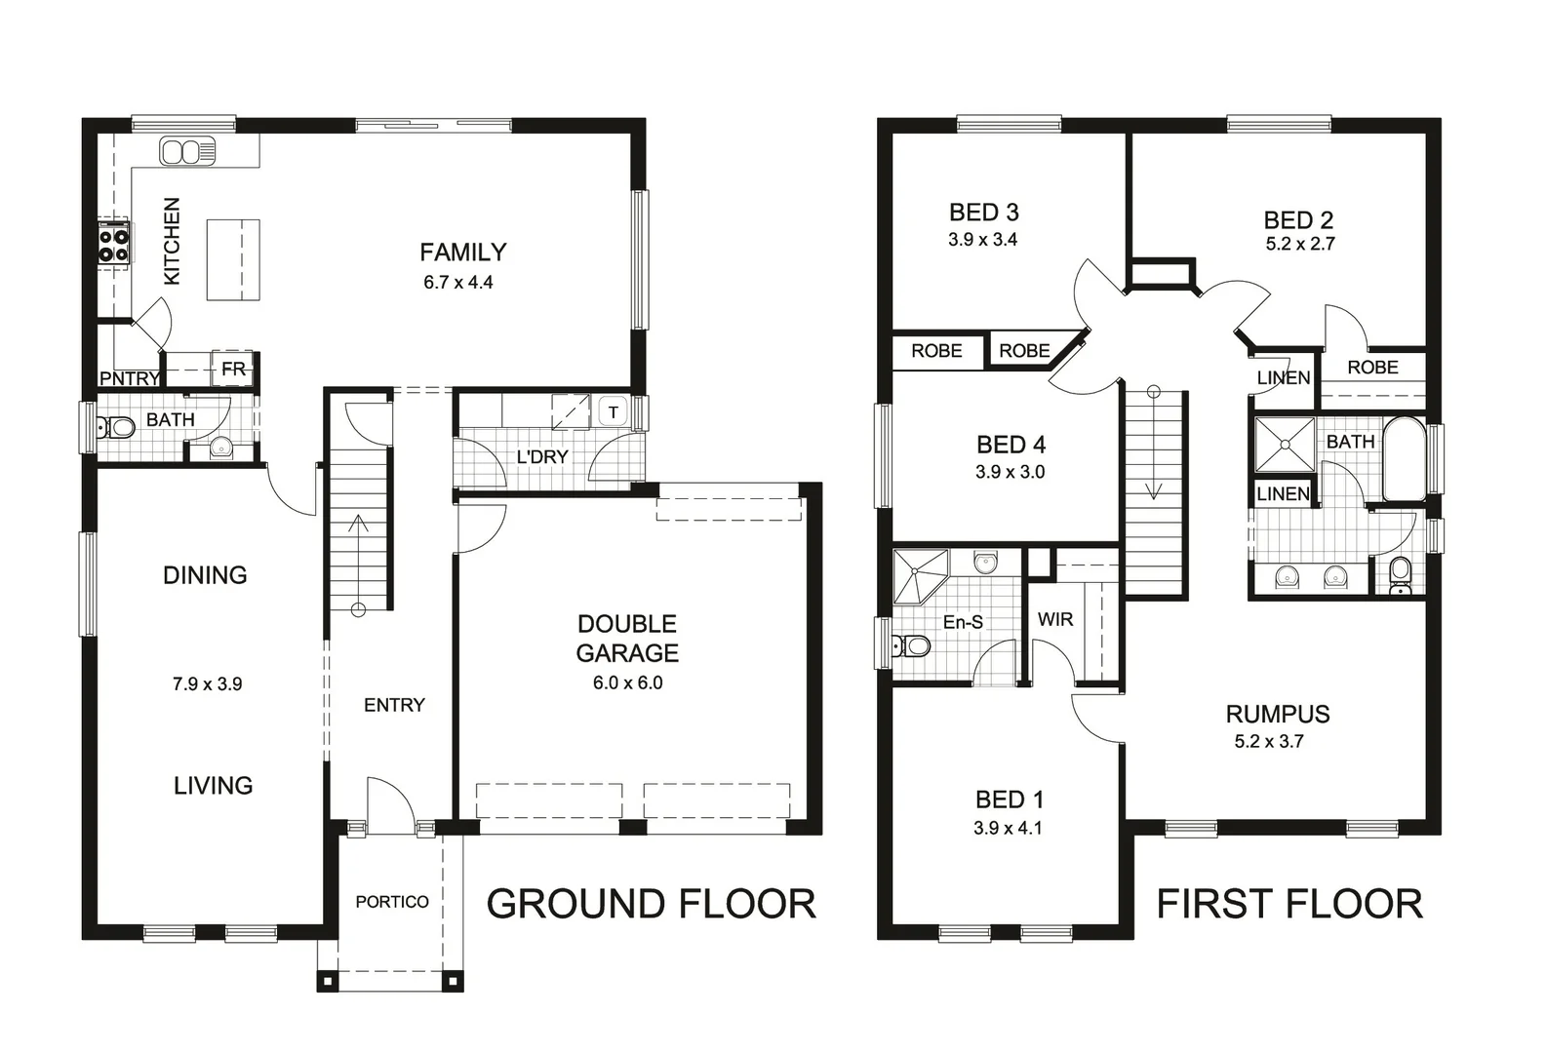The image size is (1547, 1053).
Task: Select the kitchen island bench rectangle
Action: click(233, 259)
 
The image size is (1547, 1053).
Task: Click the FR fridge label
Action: click(234, 370)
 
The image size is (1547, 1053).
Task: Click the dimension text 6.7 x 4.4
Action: click(457, 283)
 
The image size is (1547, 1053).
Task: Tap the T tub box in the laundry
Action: click(613, 412)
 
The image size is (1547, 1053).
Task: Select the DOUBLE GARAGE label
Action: click(627, 639)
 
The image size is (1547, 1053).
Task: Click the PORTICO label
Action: click(392, 902)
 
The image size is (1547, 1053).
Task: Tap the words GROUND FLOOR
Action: click(651, 905)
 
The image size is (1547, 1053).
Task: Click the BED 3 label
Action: click(983, 213)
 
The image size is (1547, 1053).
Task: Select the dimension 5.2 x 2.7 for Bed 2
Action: click(1299, 245)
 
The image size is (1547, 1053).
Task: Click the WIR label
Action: click(1054, 619)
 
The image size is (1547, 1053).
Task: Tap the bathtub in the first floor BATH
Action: click(1405, 458)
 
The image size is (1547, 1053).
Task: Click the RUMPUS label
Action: click(1277, 714)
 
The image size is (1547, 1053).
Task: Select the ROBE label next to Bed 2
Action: click(1371, 368)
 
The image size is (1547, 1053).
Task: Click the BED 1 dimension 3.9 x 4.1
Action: click(1008, 828)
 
